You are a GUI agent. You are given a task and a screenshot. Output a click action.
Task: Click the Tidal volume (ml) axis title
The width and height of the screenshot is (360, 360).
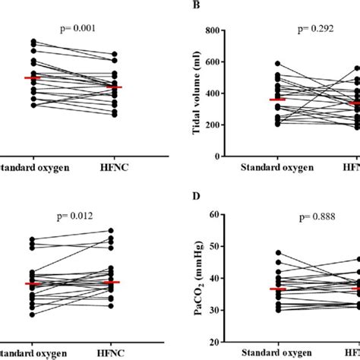pyautogui.click(x=195, y=93)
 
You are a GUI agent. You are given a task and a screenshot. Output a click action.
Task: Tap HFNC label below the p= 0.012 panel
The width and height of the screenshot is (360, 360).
pyautogui.click(x=114, y=353)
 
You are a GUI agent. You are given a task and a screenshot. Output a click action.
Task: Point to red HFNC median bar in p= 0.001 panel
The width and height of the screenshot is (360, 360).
pyautogui.click(x=114, y=87)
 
